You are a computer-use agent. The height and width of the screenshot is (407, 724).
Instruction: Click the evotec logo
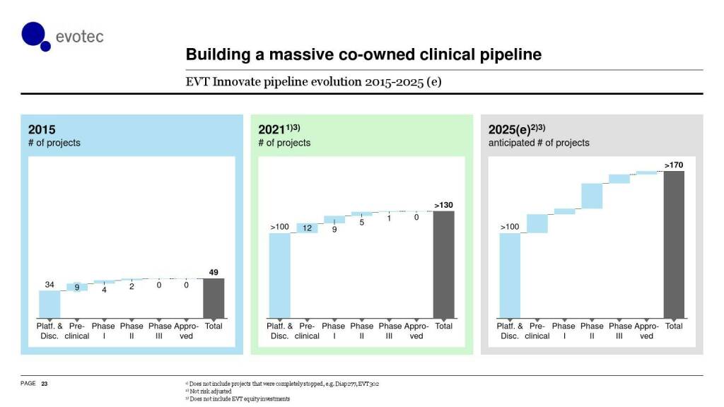(62, 35)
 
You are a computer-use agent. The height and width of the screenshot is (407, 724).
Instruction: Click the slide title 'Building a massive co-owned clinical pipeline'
(363, 54)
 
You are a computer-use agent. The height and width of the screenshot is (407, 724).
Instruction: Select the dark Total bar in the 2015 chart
(214, 298)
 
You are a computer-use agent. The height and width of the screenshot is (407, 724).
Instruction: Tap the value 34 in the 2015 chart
(49, 285)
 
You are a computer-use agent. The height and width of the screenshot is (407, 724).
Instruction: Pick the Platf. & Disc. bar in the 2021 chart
(280, 275)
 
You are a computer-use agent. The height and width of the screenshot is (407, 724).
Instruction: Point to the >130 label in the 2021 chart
(443, 205)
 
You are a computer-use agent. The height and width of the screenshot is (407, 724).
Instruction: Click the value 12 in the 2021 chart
(307, 228)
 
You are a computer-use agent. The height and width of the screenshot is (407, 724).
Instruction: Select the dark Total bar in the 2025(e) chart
(674, 244)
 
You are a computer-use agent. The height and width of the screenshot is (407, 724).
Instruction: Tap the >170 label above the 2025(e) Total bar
(674, 165)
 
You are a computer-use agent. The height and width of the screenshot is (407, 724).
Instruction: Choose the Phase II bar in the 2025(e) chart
(591, 196)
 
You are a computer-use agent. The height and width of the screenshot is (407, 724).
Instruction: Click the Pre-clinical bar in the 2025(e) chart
(537, 223)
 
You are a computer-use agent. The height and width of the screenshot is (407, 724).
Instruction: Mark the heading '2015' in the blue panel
(42, 130)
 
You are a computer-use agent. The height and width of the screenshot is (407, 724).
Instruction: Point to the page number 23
(45, 383)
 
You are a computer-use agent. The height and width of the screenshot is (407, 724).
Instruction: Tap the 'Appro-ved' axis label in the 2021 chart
(416, 331)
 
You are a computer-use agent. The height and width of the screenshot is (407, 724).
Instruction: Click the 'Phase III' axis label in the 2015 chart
(160, 331)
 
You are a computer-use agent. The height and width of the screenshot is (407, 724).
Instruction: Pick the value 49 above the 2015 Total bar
(214, 272)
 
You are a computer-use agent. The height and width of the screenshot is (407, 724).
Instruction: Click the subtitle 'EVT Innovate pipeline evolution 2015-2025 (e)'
(313, 81)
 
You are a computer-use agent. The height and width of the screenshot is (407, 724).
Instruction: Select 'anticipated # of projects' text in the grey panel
(539, 143)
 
